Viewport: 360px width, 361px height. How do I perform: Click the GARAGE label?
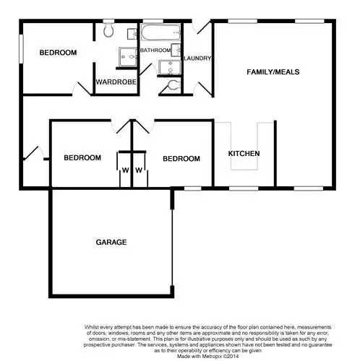point(112,242)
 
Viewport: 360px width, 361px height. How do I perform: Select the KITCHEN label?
point(244,155)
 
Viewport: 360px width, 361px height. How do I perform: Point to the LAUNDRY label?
point(197,58)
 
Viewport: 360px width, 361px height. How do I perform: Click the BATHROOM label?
point(156,51)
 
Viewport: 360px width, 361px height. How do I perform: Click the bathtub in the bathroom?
point(157,32)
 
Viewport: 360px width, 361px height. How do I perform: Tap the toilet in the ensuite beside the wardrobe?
point(108,30)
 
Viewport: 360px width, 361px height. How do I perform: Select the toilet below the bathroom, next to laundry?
point(171,86)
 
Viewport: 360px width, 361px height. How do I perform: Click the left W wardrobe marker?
point(124,171)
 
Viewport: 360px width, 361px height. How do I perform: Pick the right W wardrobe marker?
point(138,171)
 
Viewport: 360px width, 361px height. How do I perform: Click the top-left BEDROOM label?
point(58,53)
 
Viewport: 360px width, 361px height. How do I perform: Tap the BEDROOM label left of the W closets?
point(82,158)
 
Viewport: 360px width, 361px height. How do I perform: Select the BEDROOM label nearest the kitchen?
point(181,158)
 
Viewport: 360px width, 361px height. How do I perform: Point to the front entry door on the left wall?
point(30,154)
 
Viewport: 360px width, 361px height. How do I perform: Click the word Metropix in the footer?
point(202,355)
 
